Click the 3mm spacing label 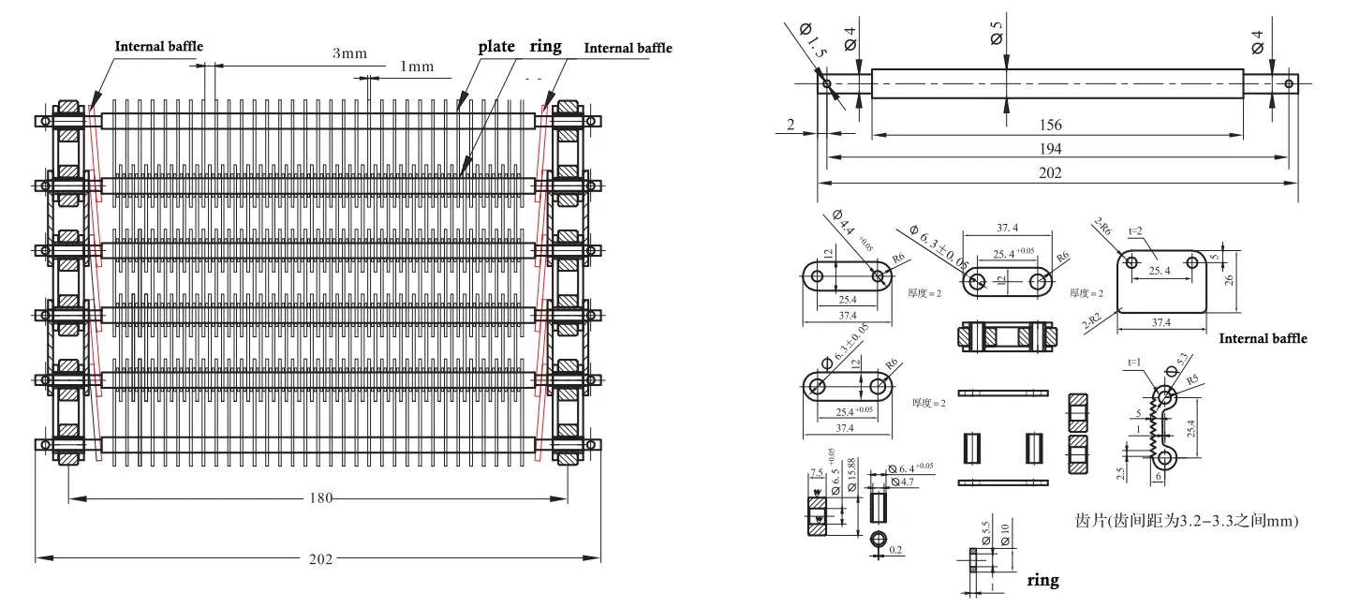[x=349, y=53]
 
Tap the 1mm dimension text [x=417, y=67]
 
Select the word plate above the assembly [x=497, y=46]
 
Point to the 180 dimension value [x=318, y=497]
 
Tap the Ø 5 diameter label [x=996, y=35]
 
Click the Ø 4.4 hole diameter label [x=844, y=227]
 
